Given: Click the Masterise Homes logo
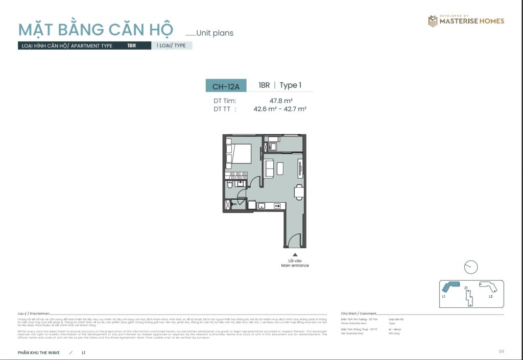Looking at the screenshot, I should click(466, 21).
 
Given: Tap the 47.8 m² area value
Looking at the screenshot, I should click(281, 101).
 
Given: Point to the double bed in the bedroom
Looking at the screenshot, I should click(239, 154).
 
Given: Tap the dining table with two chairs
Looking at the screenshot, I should click(299, 193).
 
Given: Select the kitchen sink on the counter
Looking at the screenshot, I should click(261, 206).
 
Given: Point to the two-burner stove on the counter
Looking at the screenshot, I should click(277, 206).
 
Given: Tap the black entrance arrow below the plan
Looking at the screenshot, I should click(295, 254).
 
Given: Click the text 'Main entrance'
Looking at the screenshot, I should click(295, 266).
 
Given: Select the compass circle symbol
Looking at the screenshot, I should click(471, 267).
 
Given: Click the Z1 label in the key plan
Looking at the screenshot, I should click(466, 289).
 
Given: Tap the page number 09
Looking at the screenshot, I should click(502, 351).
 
